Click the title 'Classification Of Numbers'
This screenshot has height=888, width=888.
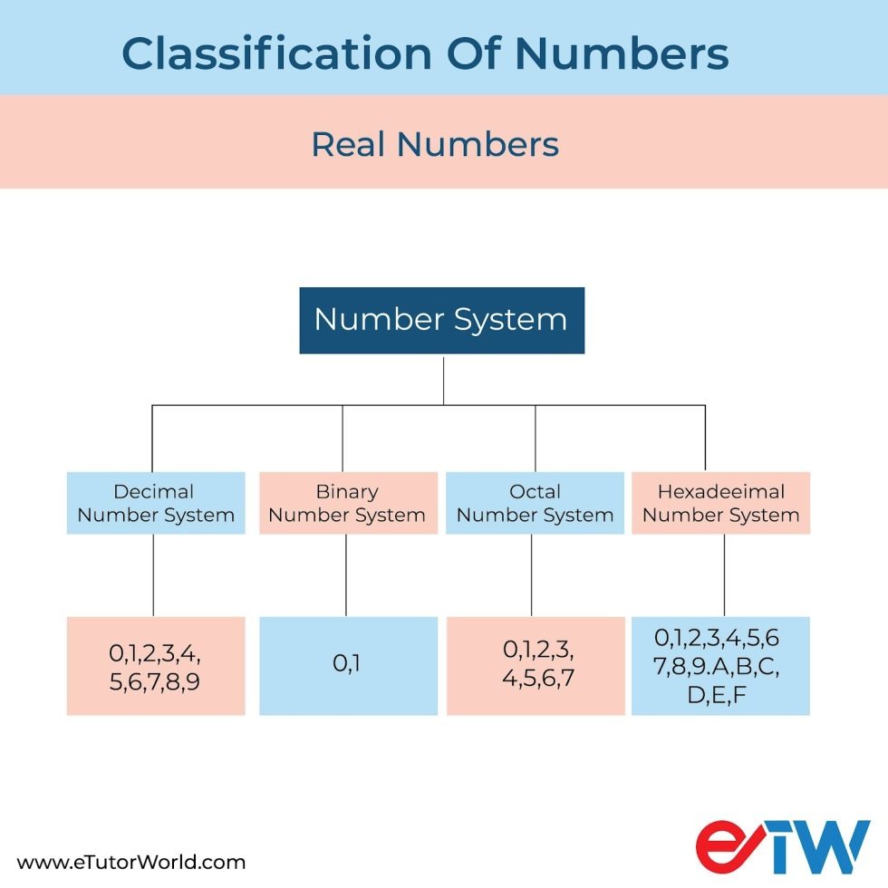425,54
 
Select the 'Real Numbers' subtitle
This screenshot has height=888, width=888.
435,144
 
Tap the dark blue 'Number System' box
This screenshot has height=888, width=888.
441,320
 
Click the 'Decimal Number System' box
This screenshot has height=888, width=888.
156,503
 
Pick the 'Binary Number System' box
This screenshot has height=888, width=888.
347,503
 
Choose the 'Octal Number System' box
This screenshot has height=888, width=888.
535,503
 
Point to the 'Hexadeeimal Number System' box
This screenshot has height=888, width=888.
720,503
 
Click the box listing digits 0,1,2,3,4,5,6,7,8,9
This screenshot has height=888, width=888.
156,666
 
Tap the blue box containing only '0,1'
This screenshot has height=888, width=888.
348,666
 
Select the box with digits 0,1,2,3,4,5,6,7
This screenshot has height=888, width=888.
535,666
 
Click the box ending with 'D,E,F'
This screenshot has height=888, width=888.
720,666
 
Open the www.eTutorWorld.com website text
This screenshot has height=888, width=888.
131,862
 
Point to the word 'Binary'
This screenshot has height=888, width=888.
347,492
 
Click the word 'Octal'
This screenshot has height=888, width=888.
535,492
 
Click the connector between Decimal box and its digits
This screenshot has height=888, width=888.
152,575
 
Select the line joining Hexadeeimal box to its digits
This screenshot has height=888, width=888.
723,575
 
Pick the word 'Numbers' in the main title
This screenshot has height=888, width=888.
623,54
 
